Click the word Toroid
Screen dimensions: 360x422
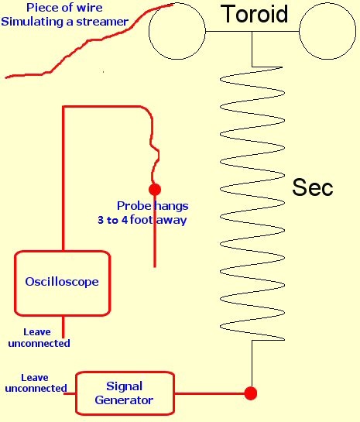254,14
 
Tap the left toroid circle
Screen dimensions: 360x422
149,32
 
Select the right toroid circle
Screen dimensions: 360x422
299,32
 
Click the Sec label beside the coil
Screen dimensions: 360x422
312,187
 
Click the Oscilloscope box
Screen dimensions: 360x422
15,283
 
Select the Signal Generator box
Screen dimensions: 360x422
76,393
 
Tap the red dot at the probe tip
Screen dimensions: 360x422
155,190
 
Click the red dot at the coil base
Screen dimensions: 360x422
251,393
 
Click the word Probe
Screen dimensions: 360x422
134,206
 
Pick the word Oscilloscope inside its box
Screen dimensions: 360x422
62,282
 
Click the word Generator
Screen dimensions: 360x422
124,400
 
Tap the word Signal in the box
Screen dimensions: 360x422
124,386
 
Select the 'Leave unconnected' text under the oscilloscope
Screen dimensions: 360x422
39,338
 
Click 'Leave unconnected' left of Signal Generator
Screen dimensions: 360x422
36,383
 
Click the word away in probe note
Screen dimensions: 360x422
172,220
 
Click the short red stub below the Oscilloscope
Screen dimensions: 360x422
63,327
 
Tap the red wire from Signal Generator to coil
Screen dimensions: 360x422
210,393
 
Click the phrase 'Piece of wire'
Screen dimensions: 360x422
64,8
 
